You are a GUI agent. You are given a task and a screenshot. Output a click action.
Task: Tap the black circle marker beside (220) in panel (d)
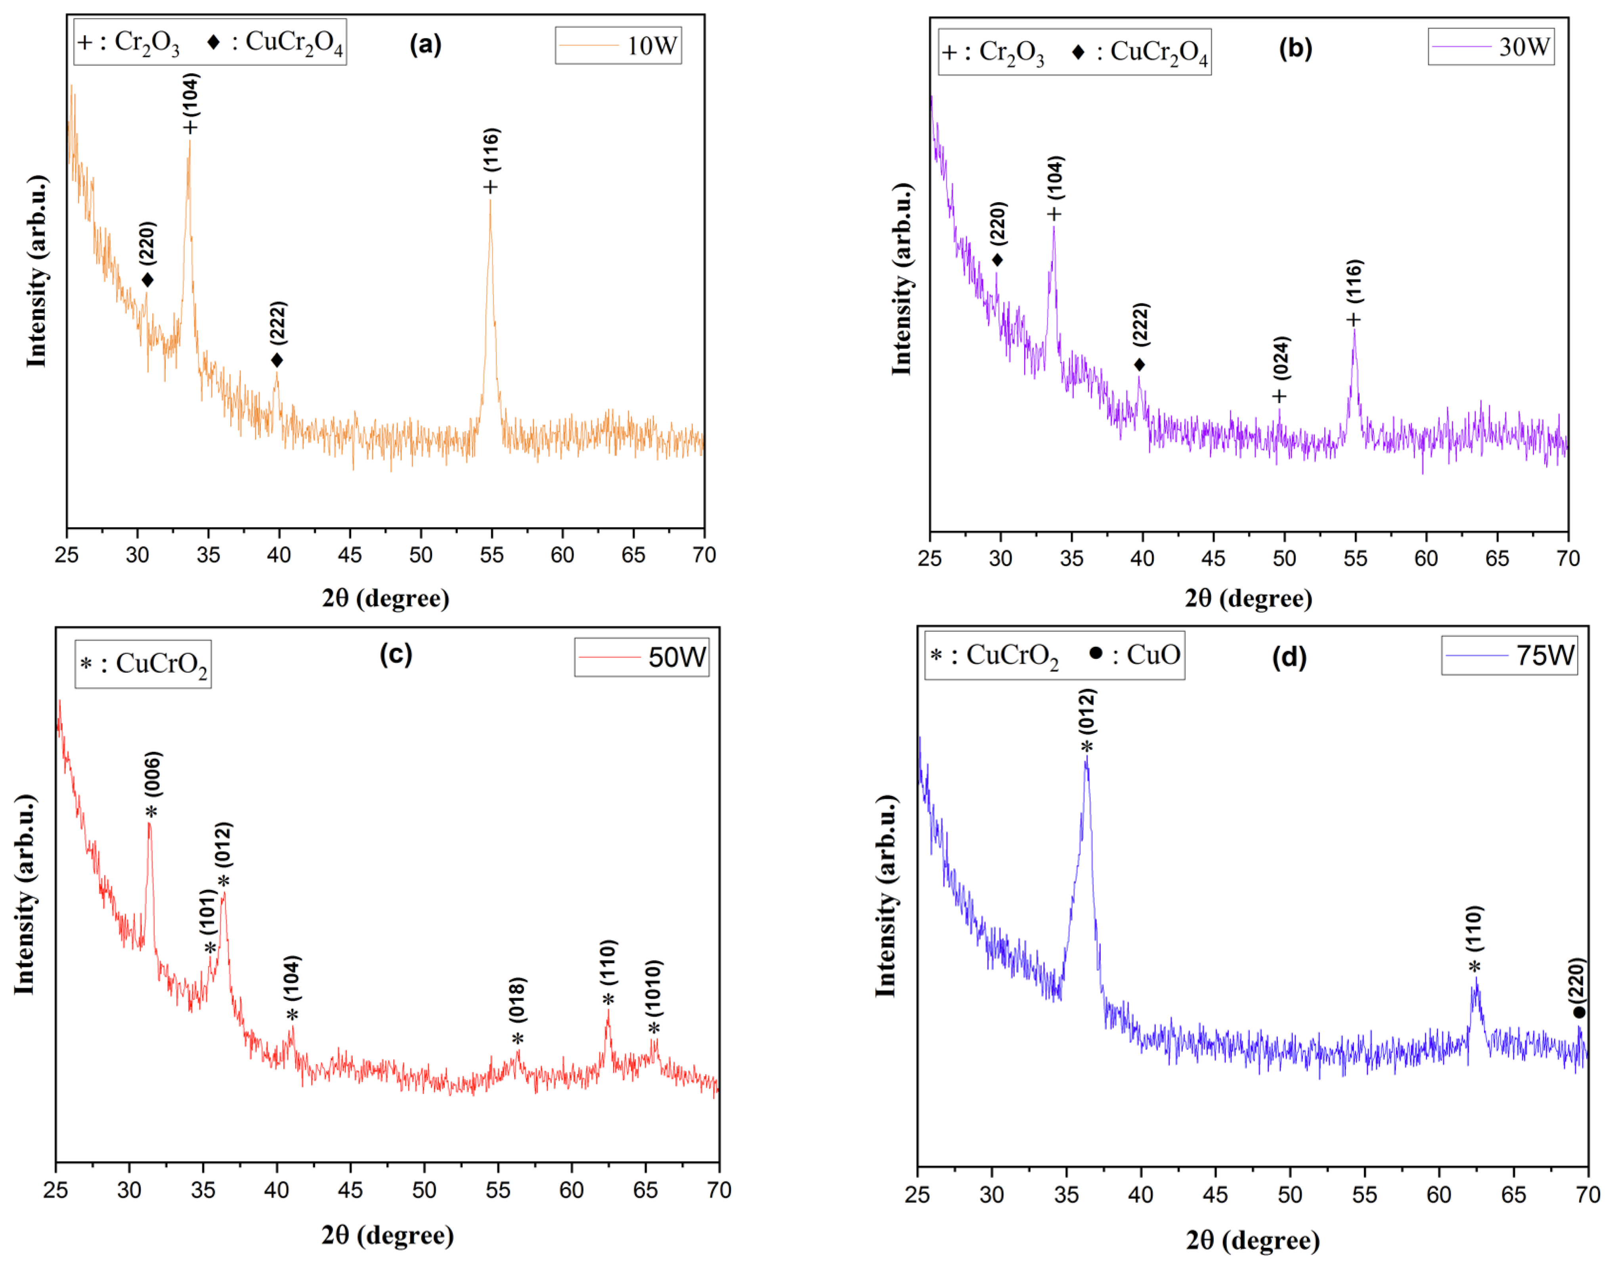click(x=1579, y=1013)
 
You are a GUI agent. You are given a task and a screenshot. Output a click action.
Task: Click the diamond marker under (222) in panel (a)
click(x=277, y=361)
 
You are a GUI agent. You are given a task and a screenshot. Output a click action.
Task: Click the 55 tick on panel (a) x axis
click(x=491, y=555)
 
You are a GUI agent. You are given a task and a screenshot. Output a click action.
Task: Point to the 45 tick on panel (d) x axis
click(x=1215, y=1195)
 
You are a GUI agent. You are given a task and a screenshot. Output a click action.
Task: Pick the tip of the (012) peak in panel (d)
click(x=1087, y=757)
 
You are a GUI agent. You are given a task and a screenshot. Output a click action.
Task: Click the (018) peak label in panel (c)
click(x=518, y=999)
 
